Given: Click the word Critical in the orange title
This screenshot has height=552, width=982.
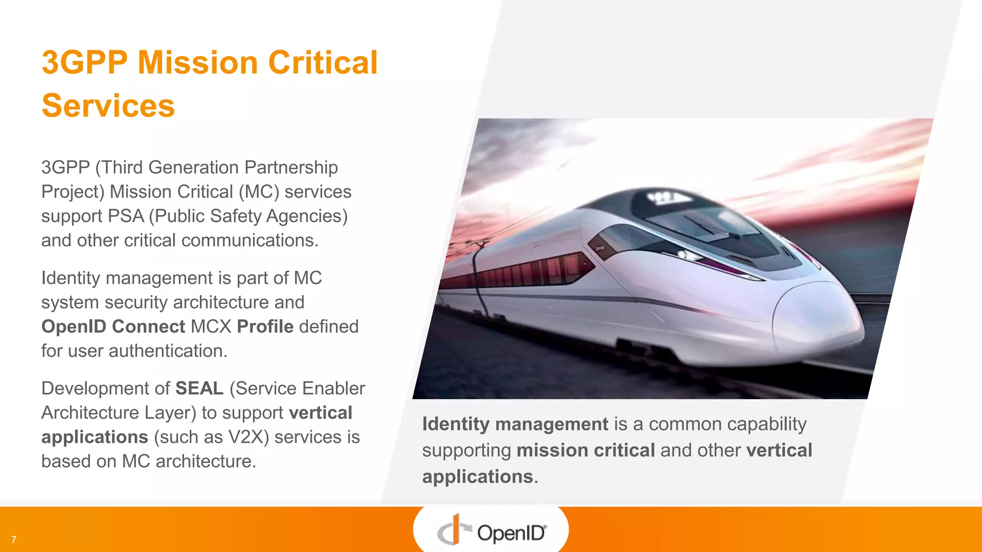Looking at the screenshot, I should coord(323,63).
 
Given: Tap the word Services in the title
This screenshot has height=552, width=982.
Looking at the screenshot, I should coord(108,106).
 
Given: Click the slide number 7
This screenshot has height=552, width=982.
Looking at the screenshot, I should coord(14,540).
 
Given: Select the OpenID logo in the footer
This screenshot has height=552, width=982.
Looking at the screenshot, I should coord(491,530).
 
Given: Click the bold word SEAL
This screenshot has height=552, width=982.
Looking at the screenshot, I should coord(199,388).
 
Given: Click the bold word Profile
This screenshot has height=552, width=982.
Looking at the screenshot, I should coord(265,326).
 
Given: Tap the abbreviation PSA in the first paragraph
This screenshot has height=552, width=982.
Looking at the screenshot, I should coord(126,216).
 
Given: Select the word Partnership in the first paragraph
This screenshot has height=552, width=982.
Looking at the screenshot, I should coord(291,167).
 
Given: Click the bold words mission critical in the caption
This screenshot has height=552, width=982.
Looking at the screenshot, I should coord(585,450).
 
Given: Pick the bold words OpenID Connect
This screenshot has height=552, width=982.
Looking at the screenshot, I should coord(113,326).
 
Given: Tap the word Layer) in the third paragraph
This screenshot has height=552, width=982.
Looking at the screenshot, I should coord(170,413).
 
